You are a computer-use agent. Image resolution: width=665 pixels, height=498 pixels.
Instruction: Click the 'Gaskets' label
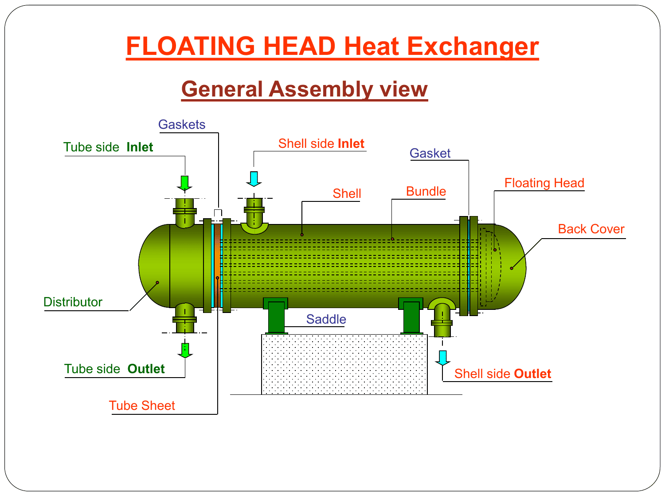(182, 124)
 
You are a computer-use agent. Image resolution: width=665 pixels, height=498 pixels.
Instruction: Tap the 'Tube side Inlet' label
(108, 147)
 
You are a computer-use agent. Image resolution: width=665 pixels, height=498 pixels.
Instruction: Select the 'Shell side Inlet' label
(321, 143)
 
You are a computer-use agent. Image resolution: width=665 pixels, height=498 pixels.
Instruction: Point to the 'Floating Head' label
(544, 183)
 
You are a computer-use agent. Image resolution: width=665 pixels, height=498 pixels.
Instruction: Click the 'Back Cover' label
(591, 229)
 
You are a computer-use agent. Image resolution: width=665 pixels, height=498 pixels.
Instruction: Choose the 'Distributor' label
(73, 302)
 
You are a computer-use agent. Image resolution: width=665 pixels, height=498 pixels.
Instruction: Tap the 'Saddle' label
(326, 319)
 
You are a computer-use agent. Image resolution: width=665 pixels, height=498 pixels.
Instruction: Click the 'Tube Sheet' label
(142, 406)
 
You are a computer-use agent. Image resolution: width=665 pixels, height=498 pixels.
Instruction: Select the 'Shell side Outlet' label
(503, 374)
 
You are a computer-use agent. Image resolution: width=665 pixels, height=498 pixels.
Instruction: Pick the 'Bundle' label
(426, 192)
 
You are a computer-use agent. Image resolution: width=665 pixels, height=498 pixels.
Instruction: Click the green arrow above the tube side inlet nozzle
(184, 183)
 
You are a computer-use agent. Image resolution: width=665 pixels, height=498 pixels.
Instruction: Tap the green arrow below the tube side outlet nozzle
(185, 351)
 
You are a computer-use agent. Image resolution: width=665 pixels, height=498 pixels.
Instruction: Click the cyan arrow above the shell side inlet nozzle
(254, 179)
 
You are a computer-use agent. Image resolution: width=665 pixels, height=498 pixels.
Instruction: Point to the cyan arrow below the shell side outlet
(442, 358)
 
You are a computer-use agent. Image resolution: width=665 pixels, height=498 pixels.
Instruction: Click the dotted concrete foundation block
(344, 364)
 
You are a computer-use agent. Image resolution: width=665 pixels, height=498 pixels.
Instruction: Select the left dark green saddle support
(276, 316)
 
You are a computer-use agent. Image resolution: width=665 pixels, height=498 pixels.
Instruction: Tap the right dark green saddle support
(411, 316)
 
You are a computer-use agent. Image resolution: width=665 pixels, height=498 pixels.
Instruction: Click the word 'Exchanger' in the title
(473, 46)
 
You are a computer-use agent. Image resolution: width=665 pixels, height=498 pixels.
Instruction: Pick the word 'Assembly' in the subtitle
(321, 90)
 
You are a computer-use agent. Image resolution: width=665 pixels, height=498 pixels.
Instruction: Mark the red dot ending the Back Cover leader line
(512, 269)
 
